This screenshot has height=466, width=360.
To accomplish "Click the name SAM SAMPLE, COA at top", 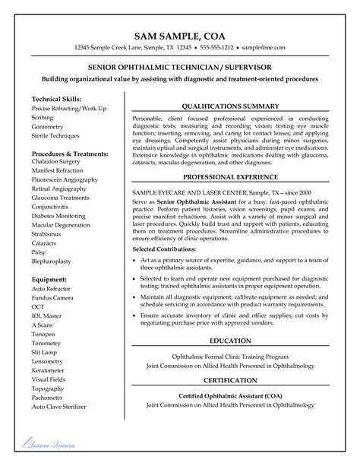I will click(x=180, y=35).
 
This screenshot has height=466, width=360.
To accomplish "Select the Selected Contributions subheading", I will click(x=169, y=249).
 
